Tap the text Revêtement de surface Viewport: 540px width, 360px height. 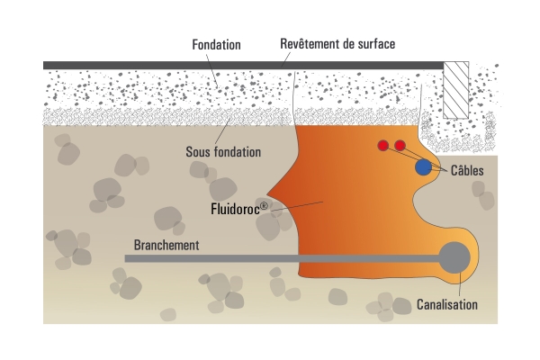pos(337,43)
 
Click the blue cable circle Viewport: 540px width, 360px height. pos(423,166)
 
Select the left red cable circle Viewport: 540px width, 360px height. pos(383,146)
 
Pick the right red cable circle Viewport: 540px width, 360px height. pos(400,146)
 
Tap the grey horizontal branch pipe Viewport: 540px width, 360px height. pos(270,259)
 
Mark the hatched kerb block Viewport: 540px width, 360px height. pos(456,89)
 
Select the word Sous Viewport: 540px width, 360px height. pos(198,152)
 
